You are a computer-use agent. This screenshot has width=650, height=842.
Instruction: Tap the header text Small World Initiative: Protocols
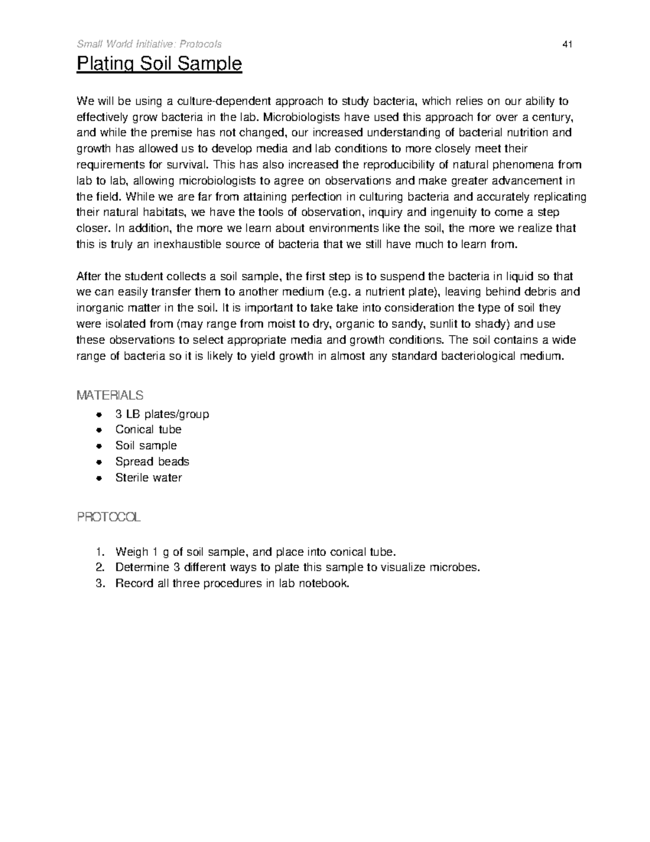(149, 44)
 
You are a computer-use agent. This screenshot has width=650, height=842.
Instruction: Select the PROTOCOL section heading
(108, 517)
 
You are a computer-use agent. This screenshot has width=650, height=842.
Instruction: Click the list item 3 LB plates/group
(162, 414)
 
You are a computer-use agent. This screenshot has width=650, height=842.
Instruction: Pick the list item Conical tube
(148, 429)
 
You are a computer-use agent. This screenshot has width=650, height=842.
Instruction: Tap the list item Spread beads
(152, 461)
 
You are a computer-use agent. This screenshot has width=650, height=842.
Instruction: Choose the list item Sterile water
(148, 478)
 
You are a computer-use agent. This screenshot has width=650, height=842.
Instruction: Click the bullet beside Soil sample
(98, 446)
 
